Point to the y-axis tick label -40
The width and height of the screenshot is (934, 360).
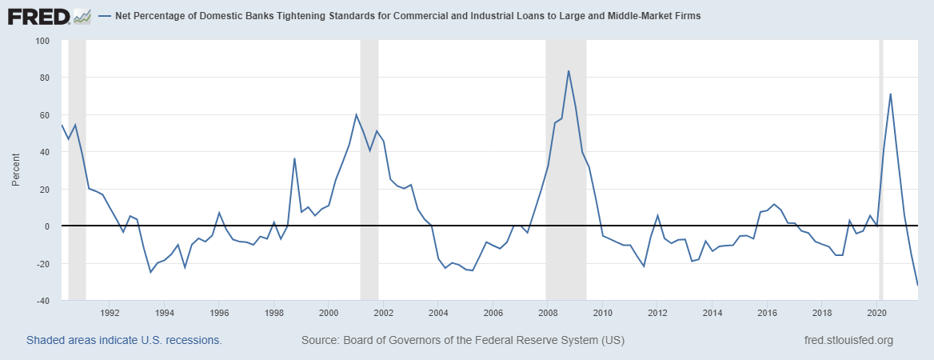42,301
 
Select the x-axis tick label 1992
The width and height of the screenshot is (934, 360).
110,312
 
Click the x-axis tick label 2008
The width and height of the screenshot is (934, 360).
548,312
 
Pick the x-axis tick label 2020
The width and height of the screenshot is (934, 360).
876,312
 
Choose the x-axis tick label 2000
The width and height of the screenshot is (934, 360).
329,312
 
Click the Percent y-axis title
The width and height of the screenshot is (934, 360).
15,170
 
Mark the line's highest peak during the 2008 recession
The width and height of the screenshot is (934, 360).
568,71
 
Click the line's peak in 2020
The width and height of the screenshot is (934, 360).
890,94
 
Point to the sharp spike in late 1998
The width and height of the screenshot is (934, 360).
294,158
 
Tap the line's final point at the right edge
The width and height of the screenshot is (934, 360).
917,285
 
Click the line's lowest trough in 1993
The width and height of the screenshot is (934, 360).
150,272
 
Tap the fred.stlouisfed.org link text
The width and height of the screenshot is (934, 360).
848,340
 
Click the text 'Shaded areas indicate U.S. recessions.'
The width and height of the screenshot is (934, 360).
124,340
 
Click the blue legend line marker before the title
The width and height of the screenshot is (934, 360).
104,16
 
